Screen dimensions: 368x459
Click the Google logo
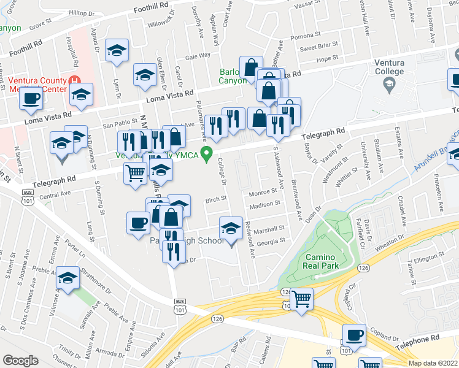pyautogui.click(x=20, y=361)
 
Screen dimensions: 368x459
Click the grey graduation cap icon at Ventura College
pyautogui.click(x=390, y=85)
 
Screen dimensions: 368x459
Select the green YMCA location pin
pyautogui.click(x=207, y=155)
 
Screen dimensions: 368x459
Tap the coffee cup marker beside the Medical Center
pyautogui.click(x=31, y=99)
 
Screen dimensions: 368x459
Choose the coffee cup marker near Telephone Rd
pyautogui.click(x=354, y=335)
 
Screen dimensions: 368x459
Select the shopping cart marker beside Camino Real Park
pyautogui.click(x=301, y=299)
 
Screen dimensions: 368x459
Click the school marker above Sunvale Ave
pyautogui.click(x=68, y=279)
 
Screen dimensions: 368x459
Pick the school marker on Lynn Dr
pyautogui.click(x=116, y=52)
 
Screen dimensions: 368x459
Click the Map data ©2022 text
pyautogui.click(x=433, y=363)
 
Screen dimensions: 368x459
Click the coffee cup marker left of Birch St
pyautogui.click(x=138, y=221)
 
